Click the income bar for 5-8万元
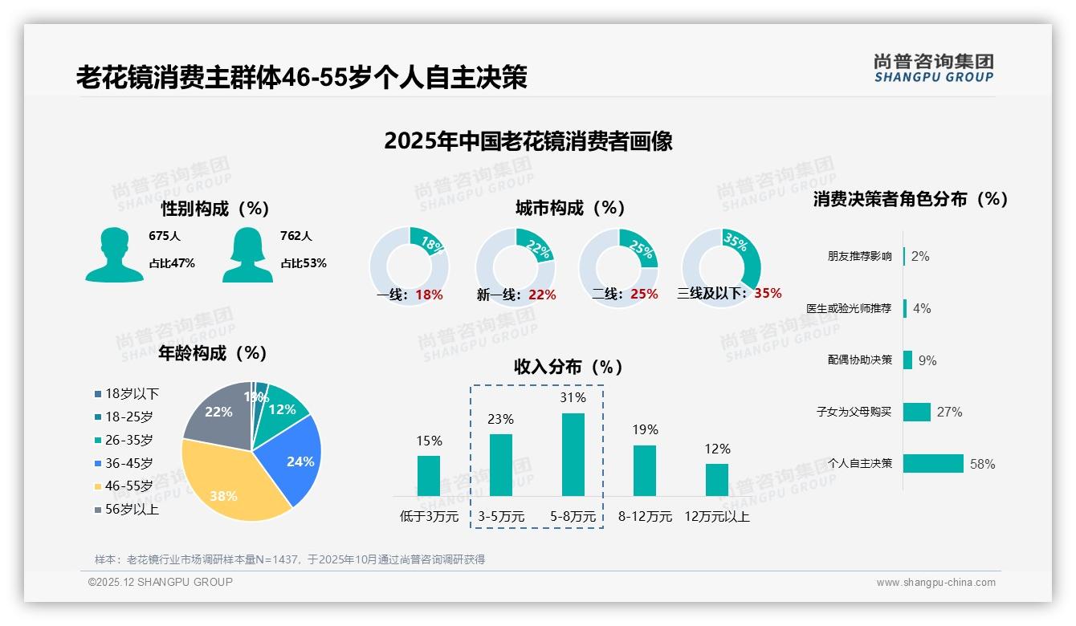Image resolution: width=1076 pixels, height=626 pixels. (573, 454)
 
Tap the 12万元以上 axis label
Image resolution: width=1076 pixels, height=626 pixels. (716, 517)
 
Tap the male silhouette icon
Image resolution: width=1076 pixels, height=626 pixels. (114, 254)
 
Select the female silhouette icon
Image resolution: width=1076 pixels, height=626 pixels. (247, 254)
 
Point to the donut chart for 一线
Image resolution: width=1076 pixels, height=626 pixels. (409, 265)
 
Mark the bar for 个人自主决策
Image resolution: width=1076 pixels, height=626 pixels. (933, 463)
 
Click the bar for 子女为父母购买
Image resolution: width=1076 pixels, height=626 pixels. (917, 412)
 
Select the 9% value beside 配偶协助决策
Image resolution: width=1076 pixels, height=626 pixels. (927, 360)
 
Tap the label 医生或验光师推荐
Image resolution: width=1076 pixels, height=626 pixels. (849, 308)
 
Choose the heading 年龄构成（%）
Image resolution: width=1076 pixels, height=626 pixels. (213, 353)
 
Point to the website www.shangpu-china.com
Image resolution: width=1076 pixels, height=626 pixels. (935, 583)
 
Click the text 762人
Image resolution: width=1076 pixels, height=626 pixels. (296, 236)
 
